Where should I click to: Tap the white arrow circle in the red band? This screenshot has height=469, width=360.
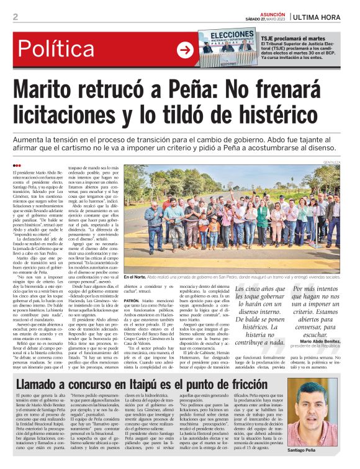(x=185, y=50)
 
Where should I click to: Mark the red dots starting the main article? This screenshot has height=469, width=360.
(x=17, y=164)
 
